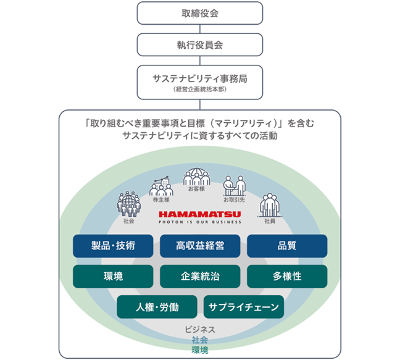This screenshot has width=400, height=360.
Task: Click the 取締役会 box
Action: pos(200,13)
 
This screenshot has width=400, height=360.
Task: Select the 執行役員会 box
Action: pos(200,44)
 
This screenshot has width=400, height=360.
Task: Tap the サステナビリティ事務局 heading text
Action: pos(200,78)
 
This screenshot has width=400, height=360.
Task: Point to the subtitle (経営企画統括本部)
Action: pos(200,90)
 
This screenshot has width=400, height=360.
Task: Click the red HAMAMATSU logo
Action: pos(200,214)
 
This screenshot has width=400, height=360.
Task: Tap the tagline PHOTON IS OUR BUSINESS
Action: pos(200,222)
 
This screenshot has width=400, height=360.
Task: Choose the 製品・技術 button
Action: pos(113,246)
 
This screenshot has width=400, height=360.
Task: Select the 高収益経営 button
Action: pos(200,246)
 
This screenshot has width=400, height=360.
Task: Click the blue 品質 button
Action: pos(287,246)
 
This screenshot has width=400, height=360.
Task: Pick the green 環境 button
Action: pos(113,276)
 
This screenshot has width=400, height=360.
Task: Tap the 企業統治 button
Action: pos(200,276)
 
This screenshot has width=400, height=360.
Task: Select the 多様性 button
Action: pos(287,276)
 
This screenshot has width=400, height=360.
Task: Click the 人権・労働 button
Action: pos(157,307)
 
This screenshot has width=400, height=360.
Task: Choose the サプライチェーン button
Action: pos(244,307)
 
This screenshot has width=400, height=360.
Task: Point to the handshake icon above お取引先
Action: pos(235,185)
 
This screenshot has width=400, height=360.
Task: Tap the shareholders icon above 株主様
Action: pos(161,186)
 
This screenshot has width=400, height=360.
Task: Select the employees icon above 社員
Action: pos(270,205)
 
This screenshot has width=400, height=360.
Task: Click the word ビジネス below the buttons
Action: pos(200,329)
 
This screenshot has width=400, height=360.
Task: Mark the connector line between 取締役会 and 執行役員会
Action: pos(200,29)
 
